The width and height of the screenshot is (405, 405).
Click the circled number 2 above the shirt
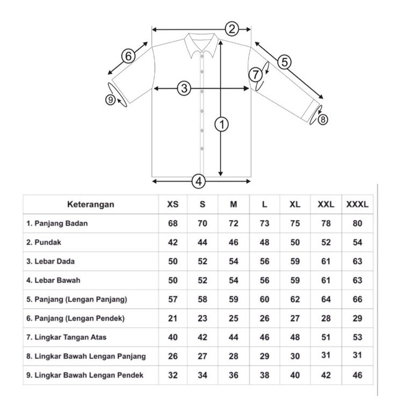(232, 28)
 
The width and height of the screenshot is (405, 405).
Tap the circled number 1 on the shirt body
(222, 125)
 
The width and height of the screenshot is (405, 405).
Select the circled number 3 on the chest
(184, 88)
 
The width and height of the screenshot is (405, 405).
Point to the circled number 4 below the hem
(198, 182)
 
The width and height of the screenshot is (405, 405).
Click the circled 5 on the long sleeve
(284, 62)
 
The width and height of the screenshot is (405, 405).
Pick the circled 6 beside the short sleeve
(128, 56)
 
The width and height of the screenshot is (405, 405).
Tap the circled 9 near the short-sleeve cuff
(110, 99)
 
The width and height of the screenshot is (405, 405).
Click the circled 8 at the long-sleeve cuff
(323, 120)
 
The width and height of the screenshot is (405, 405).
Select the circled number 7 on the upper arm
(256, 74)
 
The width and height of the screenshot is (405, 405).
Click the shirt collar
(201, 44)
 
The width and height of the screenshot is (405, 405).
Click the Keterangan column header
(91, 204)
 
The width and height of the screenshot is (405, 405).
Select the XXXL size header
(357, 204)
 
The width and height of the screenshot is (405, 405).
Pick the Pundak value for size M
(234, 242)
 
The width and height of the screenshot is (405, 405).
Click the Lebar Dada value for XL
(295, 262)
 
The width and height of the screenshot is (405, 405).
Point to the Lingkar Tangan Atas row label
(67, 337)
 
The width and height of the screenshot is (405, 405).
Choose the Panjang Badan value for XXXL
(358, 223)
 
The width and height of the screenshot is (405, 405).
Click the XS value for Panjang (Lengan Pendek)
(172, 318)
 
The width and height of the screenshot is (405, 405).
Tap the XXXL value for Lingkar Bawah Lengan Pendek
(358, 375)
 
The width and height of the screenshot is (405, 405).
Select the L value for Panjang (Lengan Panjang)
(264, 299)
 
